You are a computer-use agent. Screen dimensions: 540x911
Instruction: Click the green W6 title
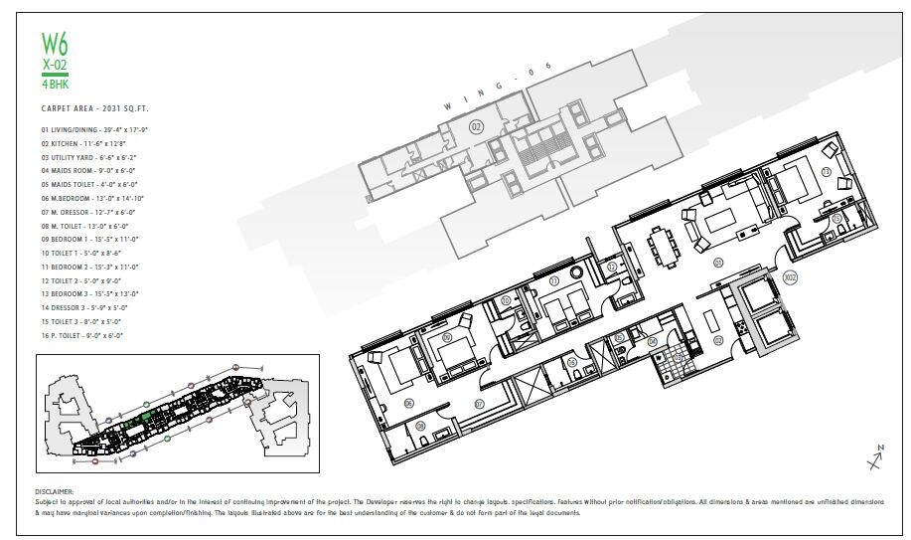point(56,44)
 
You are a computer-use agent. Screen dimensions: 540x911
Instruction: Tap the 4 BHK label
point(55,85)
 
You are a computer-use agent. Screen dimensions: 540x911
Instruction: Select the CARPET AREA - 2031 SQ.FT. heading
point(101,106)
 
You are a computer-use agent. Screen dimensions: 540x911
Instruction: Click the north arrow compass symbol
point(874,458)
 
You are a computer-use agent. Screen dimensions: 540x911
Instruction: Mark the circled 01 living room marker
point(716,264)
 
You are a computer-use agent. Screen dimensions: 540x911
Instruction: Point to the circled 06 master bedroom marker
point(380,403)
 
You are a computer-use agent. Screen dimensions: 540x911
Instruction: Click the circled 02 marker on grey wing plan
point(476,126)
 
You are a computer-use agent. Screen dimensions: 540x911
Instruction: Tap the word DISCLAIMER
point(55,491)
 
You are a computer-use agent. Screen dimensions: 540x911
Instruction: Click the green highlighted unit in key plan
point(146,420)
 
